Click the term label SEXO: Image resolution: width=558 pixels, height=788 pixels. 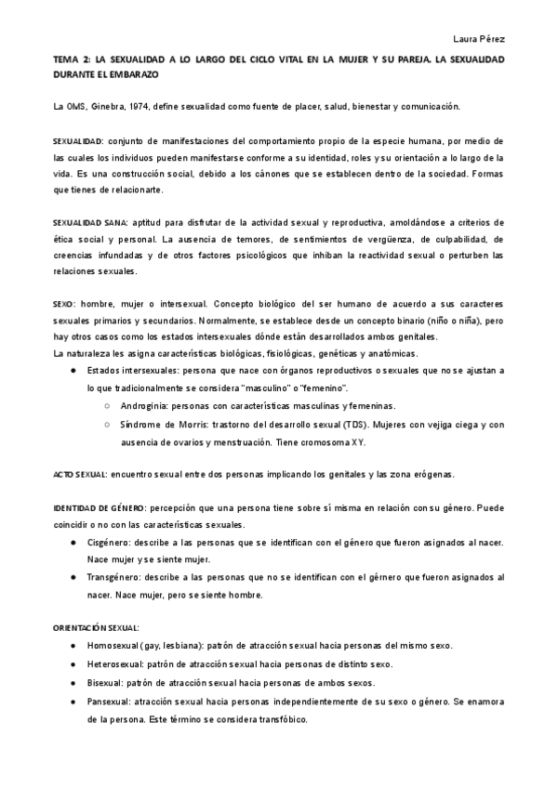(x=65, y=305)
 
